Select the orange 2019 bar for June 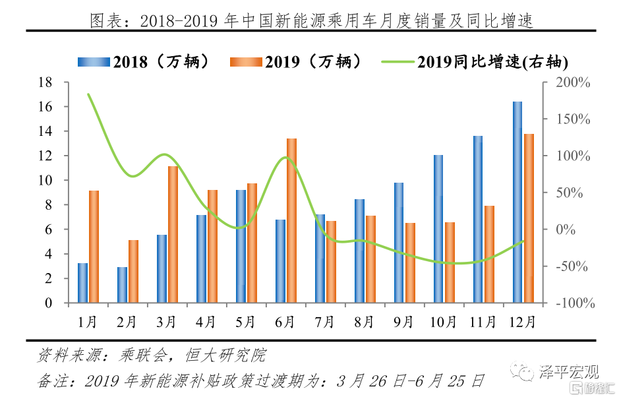click(291, 220)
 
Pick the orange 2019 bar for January click(94, 247)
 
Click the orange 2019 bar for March click(173, 234)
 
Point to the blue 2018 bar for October click(438, 229)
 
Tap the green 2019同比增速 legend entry click(475, 62)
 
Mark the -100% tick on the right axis click(573, 303)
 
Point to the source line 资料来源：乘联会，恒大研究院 click(151, 356)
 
